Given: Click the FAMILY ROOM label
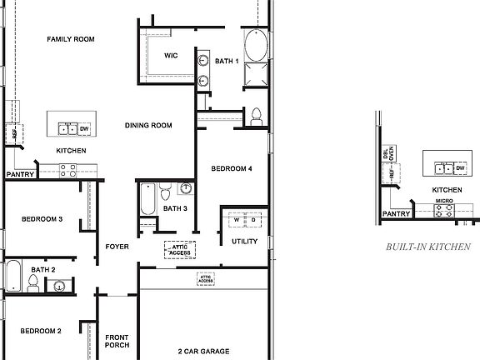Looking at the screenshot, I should click(71, 39).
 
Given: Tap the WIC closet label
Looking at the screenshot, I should click(172, 56).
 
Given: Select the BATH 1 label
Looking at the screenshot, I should click(227, 61).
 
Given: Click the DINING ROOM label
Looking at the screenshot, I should click(148, 126).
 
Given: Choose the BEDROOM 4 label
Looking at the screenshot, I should click(232, 169).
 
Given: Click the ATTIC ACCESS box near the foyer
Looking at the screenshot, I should click(181, 249).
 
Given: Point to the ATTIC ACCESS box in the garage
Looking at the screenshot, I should click(206, 278).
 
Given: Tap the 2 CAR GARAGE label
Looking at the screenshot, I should click(203, 351).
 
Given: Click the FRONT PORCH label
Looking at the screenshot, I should click(117, 341).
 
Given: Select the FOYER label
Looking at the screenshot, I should click(116, 247).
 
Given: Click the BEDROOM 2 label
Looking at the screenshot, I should click(41, 331).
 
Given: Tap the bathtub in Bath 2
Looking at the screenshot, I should click(12, 276).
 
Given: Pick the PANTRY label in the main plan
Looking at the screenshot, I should click(19, 174).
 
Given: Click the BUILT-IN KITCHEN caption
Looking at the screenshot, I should click(428, 247).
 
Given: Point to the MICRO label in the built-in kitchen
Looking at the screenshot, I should click(444, 202).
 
